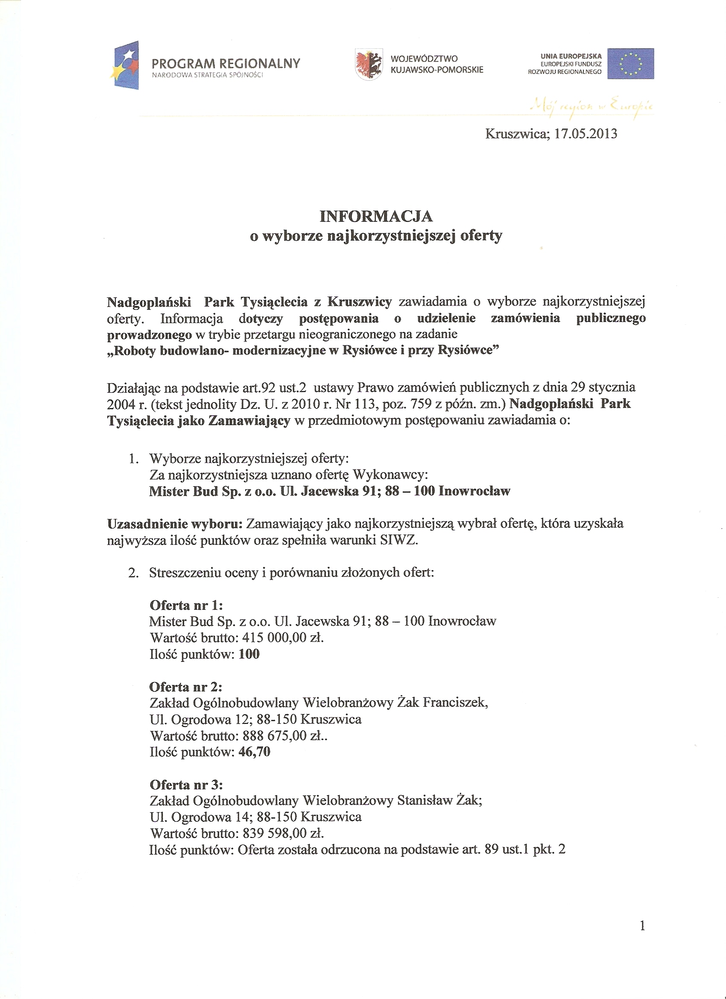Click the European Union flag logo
630,64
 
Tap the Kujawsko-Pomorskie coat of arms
369,65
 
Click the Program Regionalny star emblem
125,65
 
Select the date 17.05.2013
585,134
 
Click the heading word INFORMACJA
376,216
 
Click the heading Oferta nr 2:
186,687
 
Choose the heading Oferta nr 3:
186,785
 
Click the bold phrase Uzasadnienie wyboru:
175,524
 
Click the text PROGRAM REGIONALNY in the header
225,63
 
